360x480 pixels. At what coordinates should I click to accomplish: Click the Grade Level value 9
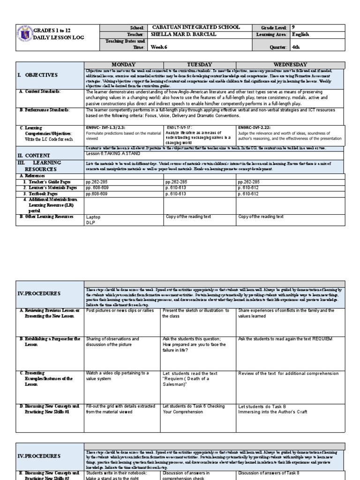(293, 28)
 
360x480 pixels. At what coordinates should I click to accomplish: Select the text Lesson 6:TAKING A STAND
(111, 153)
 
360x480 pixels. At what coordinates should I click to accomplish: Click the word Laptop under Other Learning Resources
(93, 217)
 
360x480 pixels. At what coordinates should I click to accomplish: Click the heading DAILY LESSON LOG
(60, 37)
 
